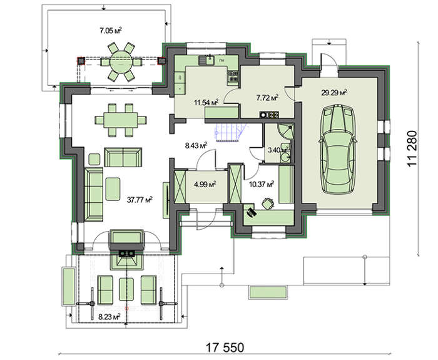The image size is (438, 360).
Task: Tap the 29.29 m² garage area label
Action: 334,93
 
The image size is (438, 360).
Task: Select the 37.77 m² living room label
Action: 140,200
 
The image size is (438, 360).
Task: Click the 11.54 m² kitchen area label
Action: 206,102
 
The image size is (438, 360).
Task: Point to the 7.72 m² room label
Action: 267,98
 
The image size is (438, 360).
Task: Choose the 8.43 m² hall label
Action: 196,145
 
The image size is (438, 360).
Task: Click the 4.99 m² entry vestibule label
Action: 205,185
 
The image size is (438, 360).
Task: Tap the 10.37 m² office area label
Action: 261,184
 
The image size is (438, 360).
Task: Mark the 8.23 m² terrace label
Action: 109,317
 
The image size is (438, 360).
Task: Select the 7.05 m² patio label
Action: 111,31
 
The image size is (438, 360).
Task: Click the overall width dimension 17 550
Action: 225,347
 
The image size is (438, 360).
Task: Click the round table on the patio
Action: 121,62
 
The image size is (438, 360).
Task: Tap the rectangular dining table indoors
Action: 121,120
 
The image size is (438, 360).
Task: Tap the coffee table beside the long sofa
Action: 113,189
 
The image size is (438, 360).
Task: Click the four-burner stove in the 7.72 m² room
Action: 269,115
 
